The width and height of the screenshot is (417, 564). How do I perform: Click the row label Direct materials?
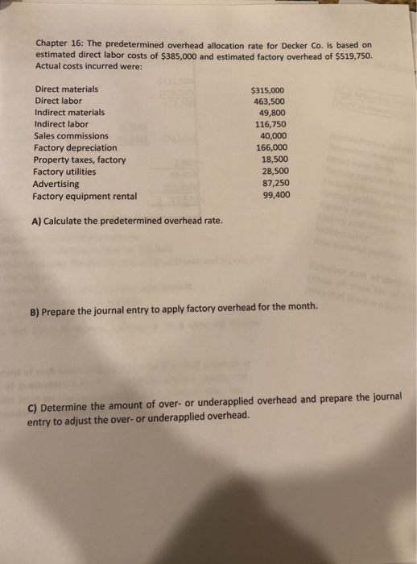tap(67, 89)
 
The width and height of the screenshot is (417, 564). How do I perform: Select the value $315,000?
tap(267, 91)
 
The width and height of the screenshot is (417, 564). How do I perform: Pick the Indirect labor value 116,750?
tap(271, 125)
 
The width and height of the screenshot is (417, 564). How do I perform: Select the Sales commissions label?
tap(72, 136)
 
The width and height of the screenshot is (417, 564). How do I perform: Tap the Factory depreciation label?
tap(75, 148)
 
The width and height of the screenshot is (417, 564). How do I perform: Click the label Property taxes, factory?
tap(79, 160)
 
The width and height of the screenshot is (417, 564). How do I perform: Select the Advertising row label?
tap(58, 184)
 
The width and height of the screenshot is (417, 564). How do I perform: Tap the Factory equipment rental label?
tap(84, 196)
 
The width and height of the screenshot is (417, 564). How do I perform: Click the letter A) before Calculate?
tap(36, 221)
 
